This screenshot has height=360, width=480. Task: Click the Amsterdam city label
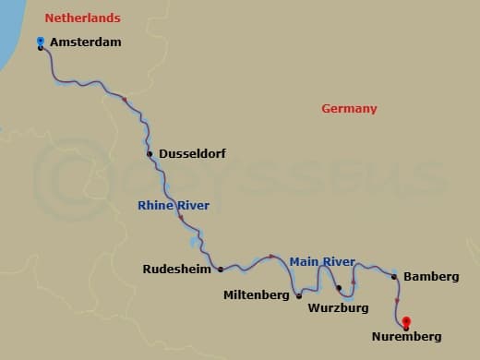point(86,42)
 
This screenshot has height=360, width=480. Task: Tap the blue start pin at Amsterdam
point(41,42)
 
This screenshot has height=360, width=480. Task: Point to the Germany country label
point(349,109)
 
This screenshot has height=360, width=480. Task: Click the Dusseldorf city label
point(192,154)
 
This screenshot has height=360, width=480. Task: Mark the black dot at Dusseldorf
point(149,154)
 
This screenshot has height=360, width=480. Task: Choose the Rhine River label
point(174,205)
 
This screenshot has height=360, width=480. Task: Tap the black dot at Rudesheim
point(221,270)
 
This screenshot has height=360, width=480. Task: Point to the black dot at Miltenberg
point(298,296)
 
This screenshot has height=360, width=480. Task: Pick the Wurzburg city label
point(339,306)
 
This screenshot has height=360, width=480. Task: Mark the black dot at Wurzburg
point(338,288)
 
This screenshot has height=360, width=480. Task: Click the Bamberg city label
point(431,277)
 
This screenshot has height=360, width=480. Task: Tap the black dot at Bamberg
point(394,276)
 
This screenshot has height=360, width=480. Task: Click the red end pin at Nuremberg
point(406,323)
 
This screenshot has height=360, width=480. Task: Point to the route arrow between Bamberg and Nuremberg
point(397,300)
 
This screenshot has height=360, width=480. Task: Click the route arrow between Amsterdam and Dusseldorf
point(124,98)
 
